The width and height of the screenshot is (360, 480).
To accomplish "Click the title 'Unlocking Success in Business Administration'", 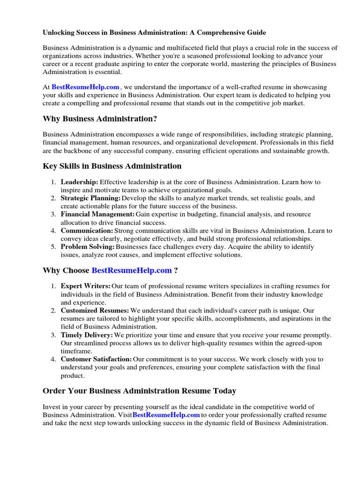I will coord(154,33).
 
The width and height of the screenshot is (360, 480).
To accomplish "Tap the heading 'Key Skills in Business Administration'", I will coord(112,166).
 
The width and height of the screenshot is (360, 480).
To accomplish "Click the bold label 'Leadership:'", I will coord(79,182).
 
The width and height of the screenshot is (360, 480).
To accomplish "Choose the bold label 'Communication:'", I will coord(87,231).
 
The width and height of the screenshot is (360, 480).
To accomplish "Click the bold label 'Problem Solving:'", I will coord(88,247).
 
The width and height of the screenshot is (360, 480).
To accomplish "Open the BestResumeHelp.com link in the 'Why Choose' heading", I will coord(132,270).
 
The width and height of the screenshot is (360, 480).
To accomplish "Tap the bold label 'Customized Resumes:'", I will coord(95,310).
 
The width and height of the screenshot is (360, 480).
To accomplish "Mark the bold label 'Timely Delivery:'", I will coord(87,335).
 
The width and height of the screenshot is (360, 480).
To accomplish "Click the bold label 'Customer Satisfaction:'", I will coord(96,359).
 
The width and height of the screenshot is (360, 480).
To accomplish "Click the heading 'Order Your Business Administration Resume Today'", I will coord(139,391).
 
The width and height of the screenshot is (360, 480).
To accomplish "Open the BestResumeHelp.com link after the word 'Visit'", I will coord(166,415).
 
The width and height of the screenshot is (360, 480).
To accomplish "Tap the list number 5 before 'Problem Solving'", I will coord(53,247).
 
